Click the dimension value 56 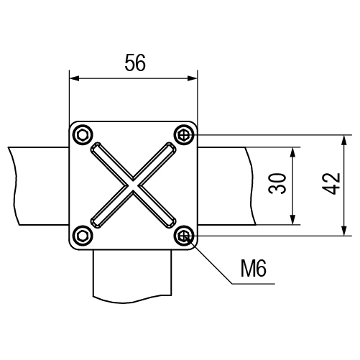tap(135, 63)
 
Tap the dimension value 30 tap(277, 183)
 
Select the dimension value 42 tap(331, 183)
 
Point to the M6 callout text tap(254, 269)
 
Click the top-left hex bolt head tap(83, 135)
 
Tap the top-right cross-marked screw tap(184, 135)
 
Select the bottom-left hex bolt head tap(83, 236)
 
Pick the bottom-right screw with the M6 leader tap(184, 236)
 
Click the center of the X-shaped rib tap(133, 185)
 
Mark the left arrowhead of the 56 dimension tap(74, 78)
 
